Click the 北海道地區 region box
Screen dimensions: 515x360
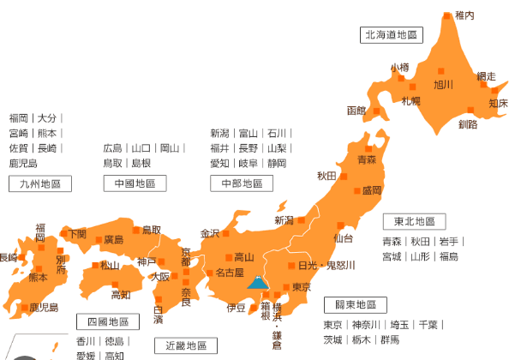point(392,35)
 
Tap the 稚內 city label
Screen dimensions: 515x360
point(464,15)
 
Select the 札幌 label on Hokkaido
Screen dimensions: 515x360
point(411,101)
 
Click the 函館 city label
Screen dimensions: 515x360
point(356,111)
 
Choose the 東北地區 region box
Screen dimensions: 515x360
point(414,222)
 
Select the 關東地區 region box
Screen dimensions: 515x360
point(355,304)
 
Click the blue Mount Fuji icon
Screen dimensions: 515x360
point(257,282)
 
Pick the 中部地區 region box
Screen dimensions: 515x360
point(241,183)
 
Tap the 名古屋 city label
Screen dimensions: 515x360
point(230,273)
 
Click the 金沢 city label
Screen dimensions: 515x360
point(210,233)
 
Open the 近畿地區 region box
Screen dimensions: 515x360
point(186,345)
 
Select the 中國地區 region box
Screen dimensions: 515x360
point(135,183)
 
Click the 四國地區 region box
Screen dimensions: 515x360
point(107,321)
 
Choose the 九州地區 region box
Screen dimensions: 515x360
point(39,183)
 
